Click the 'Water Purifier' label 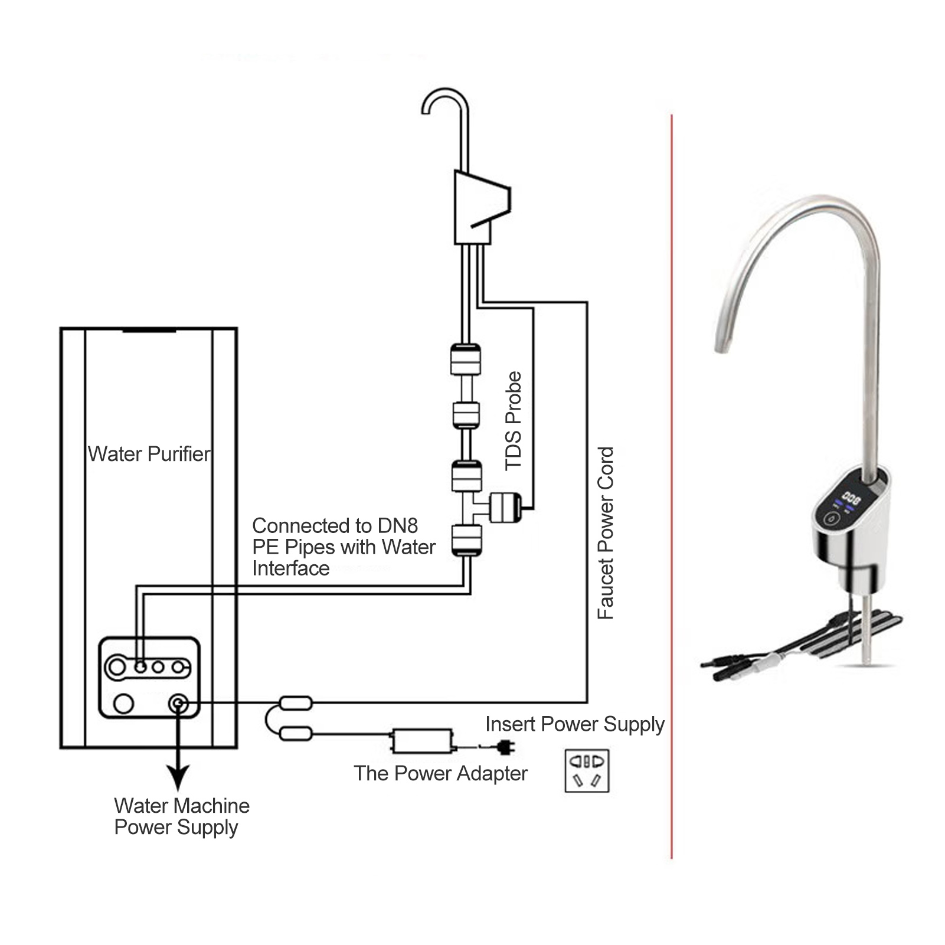[x=149, y=454]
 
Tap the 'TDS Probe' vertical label [x=514, y=421]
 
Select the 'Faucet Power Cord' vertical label [x=606, y=533]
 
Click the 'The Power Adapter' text [x=440, y=773]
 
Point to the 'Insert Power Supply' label [x=575, y=724]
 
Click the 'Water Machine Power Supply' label [x=182, y=816]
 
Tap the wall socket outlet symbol [x=587, y=770]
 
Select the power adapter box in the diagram [x=422, y=741]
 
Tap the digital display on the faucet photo [x=851, y=498]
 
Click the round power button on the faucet [x=832, y=519]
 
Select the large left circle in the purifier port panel [x=117, y=667]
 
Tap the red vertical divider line [x=672, y=486]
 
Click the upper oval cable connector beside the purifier [x=295, y=702]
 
